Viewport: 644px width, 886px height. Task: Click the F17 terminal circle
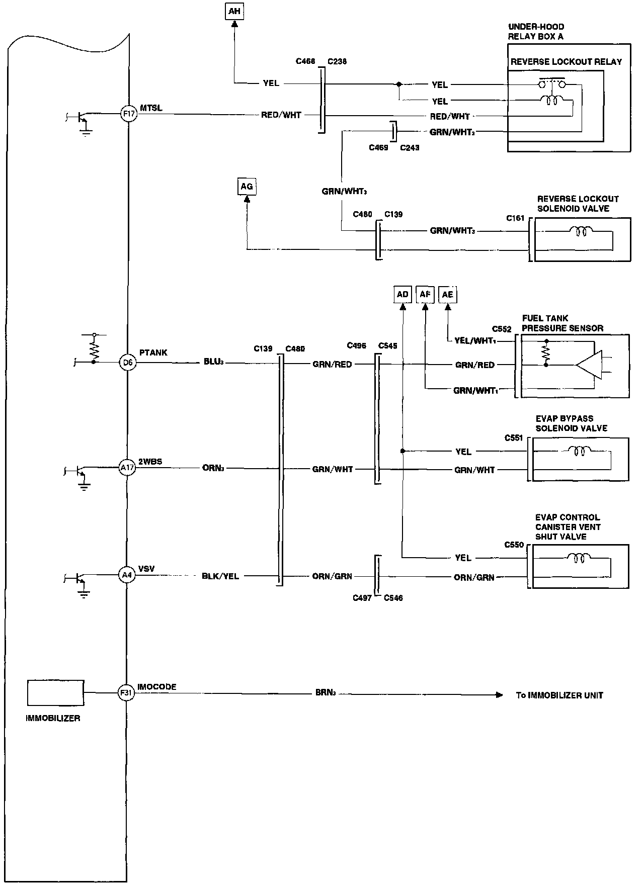[128, 114]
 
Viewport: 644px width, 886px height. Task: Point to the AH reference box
[234, 12]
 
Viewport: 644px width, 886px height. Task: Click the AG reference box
[247, 187]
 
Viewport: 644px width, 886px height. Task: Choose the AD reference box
[403, 295]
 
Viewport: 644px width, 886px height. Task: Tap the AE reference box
[447, 295]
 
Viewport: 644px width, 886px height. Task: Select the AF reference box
[425, 295]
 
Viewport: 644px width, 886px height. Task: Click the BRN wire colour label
[325, 693]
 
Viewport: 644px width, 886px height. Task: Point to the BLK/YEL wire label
[220, 576]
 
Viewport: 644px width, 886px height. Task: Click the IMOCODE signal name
[156, 687]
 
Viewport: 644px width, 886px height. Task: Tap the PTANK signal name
[153, 353]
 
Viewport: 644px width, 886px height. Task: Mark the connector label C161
[515, 219]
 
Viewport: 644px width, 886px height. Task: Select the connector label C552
[502, 330]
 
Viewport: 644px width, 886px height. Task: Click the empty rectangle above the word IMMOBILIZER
[55, 693]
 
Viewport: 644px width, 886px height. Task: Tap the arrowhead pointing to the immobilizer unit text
[499, 695]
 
